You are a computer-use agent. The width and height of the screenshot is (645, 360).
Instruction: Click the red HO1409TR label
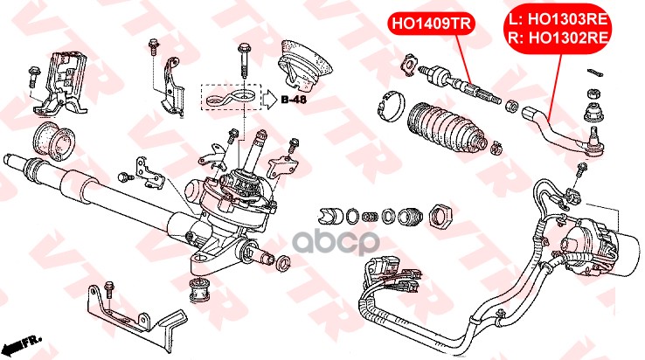point(431,23)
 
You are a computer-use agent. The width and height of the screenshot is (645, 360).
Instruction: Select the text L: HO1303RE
point(558,19)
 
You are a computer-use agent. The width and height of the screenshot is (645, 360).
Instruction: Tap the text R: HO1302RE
point(558,38)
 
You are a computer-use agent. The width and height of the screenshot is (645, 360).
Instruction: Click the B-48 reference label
point(294,99)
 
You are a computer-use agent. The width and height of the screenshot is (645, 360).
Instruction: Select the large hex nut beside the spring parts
point(440,215)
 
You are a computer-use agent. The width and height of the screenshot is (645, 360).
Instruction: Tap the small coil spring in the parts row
point(371,217)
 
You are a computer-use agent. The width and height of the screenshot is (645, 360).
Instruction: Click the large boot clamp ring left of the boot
point(390,107)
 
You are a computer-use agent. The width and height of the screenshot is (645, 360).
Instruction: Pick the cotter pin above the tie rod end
point(595,73)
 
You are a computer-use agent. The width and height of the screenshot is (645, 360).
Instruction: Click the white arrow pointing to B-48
point(270,99)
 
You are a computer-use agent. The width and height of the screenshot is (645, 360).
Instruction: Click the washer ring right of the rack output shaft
point(283,263)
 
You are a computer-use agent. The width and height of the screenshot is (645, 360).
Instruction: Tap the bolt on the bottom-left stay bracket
point(109,290)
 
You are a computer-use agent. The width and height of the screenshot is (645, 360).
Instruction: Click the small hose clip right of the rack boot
point(496,148)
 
